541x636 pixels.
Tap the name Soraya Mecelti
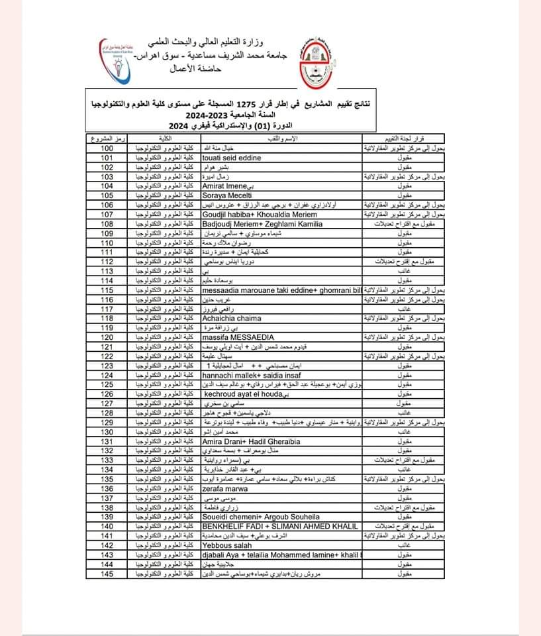(x=227, y=195)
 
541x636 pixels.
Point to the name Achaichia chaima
(x=232, y=318)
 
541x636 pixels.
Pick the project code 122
(x=107, y=356)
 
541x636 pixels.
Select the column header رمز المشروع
(x=107, y=139)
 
